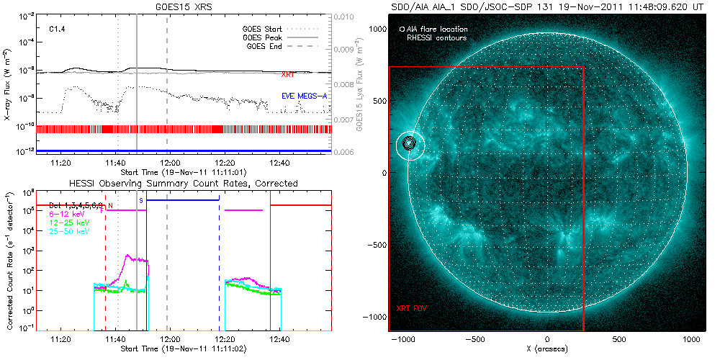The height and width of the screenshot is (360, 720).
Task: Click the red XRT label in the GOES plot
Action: pyautogui.click(x=288, y=75)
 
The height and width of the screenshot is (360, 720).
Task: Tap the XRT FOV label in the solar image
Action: pyautogui.click(x=413, y=308)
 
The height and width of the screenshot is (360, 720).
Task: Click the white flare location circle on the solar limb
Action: pyautogui.click(x=410, y=145)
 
